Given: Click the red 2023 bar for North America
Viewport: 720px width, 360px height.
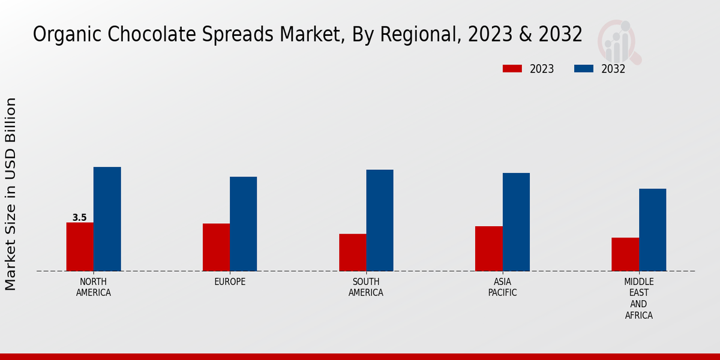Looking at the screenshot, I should [x=80, y=247].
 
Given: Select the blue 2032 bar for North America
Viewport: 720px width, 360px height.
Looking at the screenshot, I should [x=107, y=219].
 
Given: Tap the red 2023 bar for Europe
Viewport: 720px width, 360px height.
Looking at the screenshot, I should [x=216, y=247].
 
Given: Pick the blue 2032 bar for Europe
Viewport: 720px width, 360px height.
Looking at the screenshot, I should [x=243, y=224].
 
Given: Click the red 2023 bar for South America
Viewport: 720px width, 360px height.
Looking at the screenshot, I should [x=352, y=252].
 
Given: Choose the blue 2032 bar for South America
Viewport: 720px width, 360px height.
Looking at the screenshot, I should [x=380, y=220].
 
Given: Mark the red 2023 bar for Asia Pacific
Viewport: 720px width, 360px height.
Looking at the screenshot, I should [x=488, y=248].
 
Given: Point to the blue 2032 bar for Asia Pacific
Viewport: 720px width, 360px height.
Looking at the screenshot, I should [x=516, y=222].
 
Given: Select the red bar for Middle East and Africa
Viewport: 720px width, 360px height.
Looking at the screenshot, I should [x=625, y=254].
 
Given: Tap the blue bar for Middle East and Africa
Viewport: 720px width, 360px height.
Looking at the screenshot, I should [x=652, y=230].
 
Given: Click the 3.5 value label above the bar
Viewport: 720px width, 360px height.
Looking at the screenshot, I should [x=79, y=218].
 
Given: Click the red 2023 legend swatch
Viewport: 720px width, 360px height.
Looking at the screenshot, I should [x=512, y=69].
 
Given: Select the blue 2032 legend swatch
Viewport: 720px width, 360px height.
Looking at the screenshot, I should [x=583, y=69].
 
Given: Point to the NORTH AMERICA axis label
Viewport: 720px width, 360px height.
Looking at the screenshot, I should [x=94, y=287].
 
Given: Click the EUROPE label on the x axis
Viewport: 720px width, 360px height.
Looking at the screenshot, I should [x=230, y=282].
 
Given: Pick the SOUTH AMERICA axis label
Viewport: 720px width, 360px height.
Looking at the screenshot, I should [x=366, y=287].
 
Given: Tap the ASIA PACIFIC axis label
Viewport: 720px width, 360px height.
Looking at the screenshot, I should [x=502, y=287].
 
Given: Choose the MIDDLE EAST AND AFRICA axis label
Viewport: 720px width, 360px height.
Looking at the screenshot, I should [x=638, y=298].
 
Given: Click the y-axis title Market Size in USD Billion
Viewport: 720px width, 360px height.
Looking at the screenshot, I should [x=11, y=194].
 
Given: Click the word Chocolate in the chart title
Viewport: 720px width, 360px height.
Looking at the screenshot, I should [x=140, y=35].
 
